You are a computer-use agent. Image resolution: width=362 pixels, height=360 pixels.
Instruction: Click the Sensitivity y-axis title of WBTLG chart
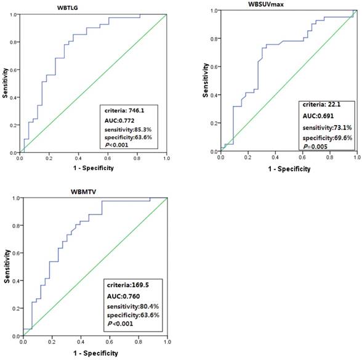point(6,83)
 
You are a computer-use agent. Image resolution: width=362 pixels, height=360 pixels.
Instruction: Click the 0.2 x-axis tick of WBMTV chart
point(51,342)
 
